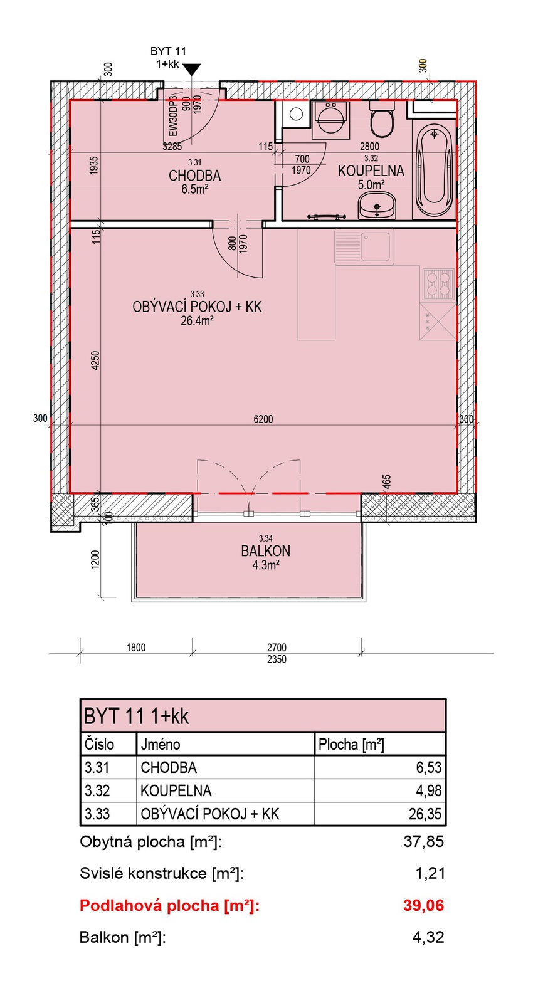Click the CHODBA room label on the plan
coord(195,176)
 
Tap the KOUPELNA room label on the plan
coord(371,171)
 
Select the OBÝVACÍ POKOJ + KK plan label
coord(197,307)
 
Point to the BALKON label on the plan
coord(266,551)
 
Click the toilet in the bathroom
coord(382,119)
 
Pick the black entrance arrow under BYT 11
coord(192,70)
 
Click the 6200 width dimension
coord(263,419)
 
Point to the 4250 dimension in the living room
coord(95,360)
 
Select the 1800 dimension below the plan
coord(135,648)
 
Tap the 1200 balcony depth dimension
coord(95,559)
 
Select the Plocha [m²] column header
coord(351,744)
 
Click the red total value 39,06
coord(423,905)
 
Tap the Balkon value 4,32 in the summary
coord(428,937)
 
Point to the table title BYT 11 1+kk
coord(136,717)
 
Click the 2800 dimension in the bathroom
coord(369,147)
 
